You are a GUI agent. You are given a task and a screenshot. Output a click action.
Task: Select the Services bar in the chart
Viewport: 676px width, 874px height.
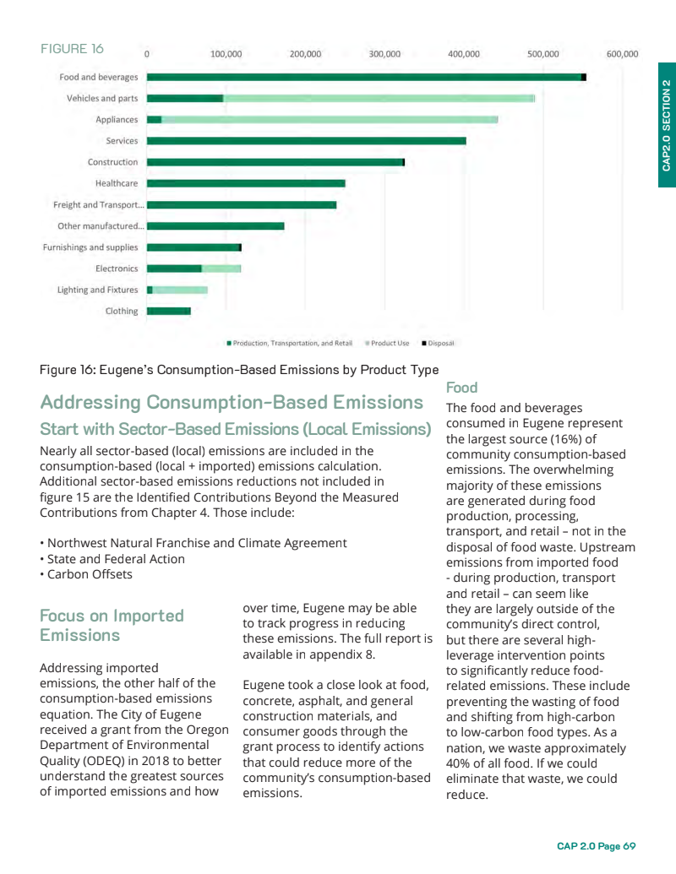click(307, 140)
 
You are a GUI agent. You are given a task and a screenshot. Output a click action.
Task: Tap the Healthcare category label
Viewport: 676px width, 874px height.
click(117, 183)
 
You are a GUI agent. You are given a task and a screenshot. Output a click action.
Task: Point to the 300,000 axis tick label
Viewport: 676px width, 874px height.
click(384, 54)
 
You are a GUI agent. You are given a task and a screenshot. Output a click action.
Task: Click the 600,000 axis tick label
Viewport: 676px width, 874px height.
click(622, 54)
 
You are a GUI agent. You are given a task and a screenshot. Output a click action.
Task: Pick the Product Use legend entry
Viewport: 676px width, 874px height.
click(389, 344)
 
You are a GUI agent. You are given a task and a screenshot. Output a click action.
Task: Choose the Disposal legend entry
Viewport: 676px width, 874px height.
click(439, 344)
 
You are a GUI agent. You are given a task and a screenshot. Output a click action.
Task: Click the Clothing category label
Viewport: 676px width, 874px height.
click(122, 311)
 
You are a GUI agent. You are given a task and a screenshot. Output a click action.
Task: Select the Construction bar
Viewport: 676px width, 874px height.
click(275, 162)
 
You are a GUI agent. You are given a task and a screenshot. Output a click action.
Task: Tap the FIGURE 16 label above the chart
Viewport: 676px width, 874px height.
click(73, 48)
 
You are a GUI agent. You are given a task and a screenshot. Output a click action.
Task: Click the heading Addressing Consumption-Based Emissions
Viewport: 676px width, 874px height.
click(232, 402)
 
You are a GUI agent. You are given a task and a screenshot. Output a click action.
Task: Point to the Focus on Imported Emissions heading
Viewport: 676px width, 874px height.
click(112, 625)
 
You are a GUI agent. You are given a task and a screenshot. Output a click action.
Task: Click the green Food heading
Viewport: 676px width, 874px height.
click(461, 388)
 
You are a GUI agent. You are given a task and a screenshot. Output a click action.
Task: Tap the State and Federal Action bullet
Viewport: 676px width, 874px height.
click(112, 559)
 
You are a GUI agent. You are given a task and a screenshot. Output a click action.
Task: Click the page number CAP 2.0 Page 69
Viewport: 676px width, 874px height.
click(596, 846)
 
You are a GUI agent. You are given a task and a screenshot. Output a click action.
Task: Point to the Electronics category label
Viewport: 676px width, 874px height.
click(117, 269)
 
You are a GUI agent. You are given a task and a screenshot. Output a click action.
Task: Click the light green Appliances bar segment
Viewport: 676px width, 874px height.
click(330, 119)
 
